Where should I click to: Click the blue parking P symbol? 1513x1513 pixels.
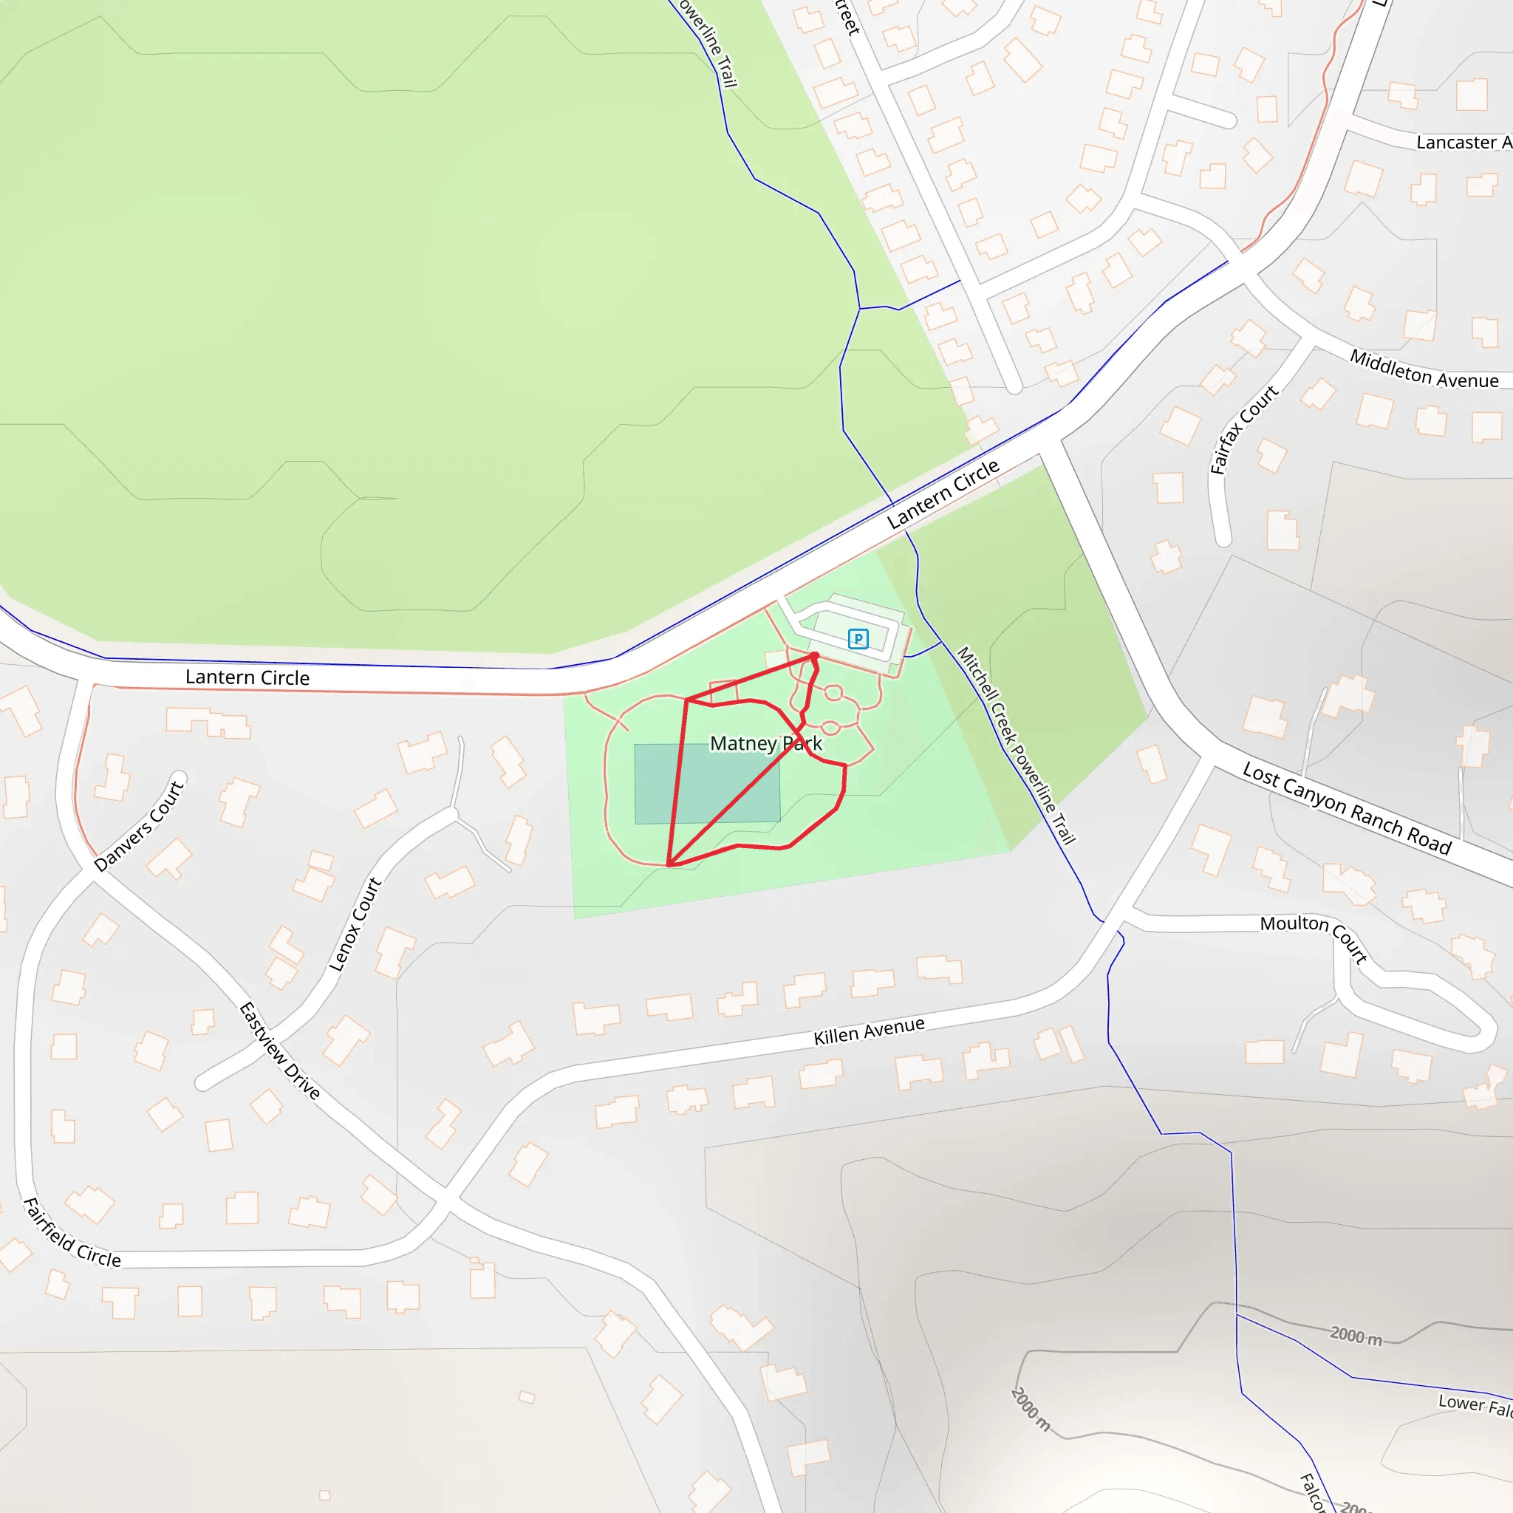pos(858,639)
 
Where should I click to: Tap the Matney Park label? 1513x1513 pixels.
pos(765,743)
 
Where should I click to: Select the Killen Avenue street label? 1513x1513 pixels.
pos(869,1031)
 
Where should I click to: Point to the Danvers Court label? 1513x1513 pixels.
pos(139,825)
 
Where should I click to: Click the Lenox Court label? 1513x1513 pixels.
pos(355,925)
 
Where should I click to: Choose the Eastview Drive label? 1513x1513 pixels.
pos(279,1051)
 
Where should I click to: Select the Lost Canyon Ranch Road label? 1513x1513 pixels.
pos(1347,809)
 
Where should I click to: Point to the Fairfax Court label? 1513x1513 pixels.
pos(1243,429)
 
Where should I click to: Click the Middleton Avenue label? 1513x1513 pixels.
pos(1424,369)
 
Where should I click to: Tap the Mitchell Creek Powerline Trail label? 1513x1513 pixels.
pos(1016,745)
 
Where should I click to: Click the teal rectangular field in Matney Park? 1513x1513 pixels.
pos(706,783)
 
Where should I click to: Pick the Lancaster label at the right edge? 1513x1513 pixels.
pos(1463,143)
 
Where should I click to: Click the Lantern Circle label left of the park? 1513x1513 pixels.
pos(247,677)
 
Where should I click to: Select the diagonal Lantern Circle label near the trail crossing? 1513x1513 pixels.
pos(943,494)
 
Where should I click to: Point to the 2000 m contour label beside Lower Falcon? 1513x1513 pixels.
pos(1356,1336)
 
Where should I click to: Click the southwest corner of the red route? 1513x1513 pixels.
pos(668,865)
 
